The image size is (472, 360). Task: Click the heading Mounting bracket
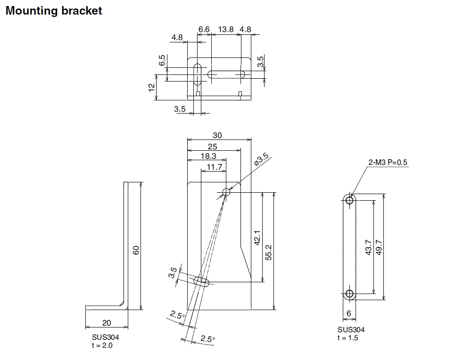[x=53, y=11]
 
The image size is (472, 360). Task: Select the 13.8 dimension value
[x=225, y=29]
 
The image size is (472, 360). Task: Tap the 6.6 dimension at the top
[x=204, y=29]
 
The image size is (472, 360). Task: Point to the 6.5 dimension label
[x=162, y=60]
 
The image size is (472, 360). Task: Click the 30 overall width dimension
[x=217, y=135]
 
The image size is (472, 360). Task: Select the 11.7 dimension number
[x=214, y=167]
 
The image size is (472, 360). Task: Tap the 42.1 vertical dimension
[x=257, y=238]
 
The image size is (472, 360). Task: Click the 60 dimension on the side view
[x=136, y=250]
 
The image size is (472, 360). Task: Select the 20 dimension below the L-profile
[x=107, y=323]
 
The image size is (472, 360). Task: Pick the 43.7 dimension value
[x=369, y=247]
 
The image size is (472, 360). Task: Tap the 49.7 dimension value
[x=379, y=247]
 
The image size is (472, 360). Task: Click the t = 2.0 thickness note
[x=102, y=345]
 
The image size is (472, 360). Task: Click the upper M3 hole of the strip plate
[x=349, y=200]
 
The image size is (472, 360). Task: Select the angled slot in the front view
[x=202, y=281]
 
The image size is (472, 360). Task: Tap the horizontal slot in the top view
[x=227, y=74]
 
